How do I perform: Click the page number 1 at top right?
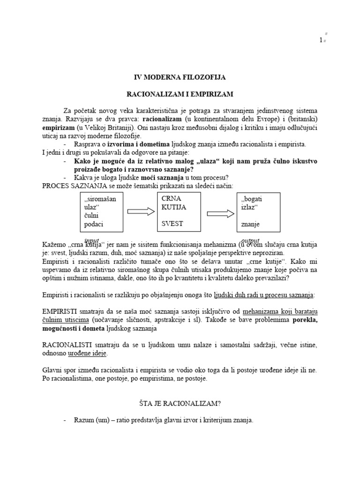point(321,41)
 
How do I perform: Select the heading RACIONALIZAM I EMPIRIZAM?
point(180,95)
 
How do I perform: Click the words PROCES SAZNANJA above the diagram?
point(70,186)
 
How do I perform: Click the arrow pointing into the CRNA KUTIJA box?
point(141,212)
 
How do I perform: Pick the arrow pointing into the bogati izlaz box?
point(220,213)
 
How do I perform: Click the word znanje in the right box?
point(251,225)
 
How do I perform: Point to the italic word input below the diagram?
point(91,240)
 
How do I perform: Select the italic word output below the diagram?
point(250,240)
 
